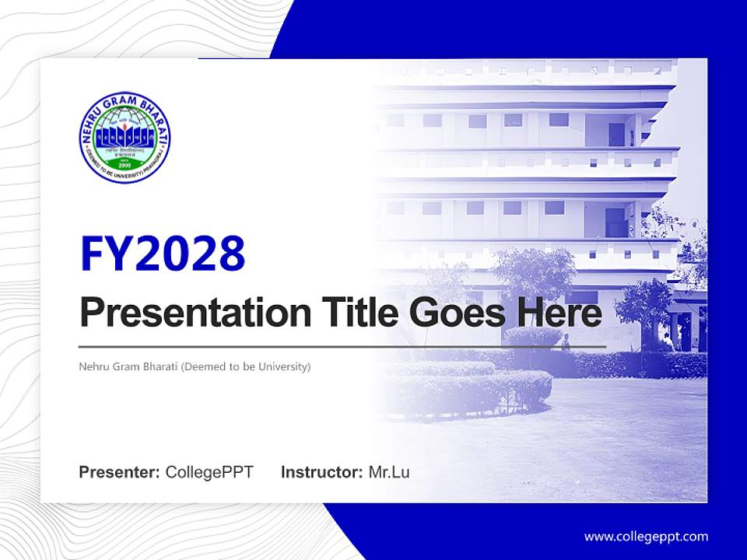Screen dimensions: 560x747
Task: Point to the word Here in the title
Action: coord(557,313)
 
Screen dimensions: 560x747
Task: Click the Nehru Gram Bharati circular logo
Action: coord(124,138)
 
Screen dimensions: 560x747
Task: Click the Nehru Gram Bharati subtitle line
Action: coord(195,366)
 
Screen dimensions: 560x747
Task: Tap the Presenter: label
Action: coord(120,471)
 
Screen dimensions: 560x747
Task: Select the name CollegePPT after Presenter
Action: coord(209,471)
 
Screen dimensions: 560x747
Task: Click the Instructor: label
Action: coord(321,471)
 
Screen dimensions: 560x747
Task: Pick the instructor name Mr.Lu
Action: coord(388,471)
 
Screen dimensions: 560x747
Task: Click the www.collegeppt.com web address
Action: coord(646,536)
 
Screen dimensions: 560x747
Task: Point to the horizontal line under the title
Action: coord(342,347)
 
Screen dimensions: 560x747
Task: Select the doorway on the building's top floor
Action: coord(616,134)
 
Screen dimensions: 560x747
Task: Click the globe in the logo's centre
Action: coord(124,130)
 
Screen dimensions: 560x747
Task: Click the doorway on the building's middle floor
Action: coord(615,222)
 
